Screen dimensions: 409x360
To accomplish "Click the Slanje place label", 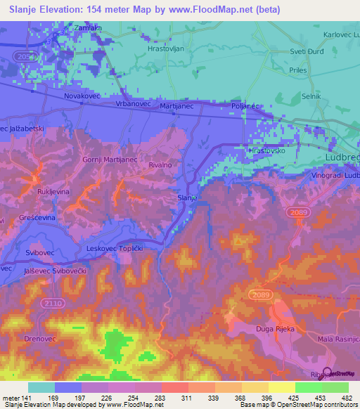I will point(186,198).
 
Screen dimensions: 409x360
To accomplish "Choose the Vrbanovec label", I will point(130,103).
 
